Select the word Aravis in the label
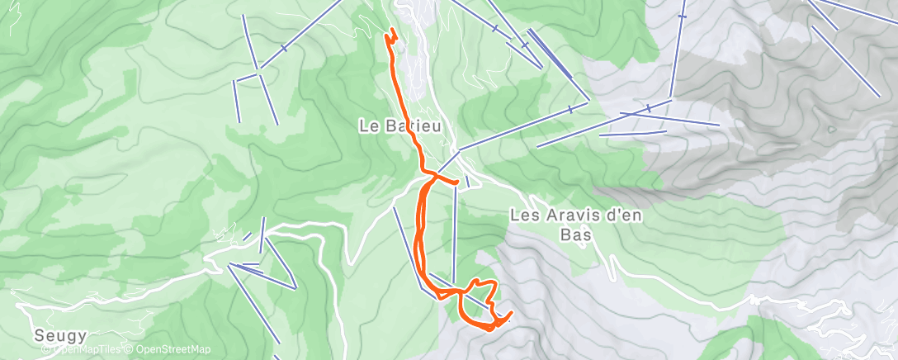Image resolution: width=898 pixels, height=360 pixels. tap(569, 215)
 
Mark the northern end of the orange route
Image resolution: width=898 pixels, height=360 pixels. tap(391, 32)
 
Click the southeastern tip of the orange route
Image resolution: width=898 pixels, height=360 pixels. tap(512, 313)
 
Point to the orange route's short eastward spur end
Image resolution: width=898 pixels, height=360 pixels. tap(456, 182)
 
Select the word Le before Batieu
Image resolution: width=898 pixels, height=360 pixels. tap(367, 126)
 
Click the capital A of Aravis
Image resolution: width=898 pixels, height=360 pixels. tap(549, 215)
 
